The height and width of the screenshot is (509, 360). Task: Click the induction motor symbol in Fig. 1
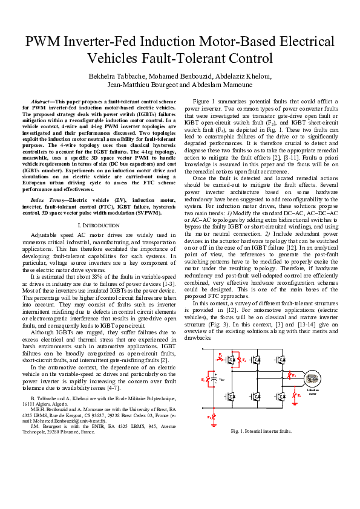312,379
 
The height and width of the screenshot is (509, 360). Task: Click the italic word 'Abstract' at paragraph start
42,99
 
